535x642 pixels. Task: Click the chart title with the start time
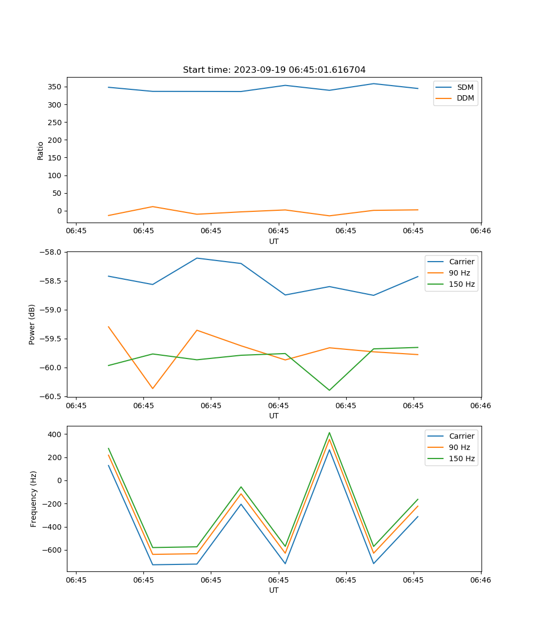[274, 70]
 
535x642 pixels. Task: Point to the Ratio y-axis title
[41, 150]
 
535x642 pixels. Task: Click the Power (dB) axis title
[32, 324]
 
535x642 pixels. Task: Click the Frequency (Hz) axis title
[33, 499]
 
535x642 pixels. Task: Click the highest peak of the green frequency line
[329, 433]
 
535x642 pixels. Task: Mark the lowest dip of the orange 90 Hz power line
[152, 388]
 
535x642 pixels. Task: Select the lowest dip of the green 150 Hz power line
[329, 390]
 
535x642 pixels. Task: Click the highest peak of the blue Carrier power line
[197, 258]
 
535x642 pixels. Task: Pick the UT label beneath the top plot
[274, 241]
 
